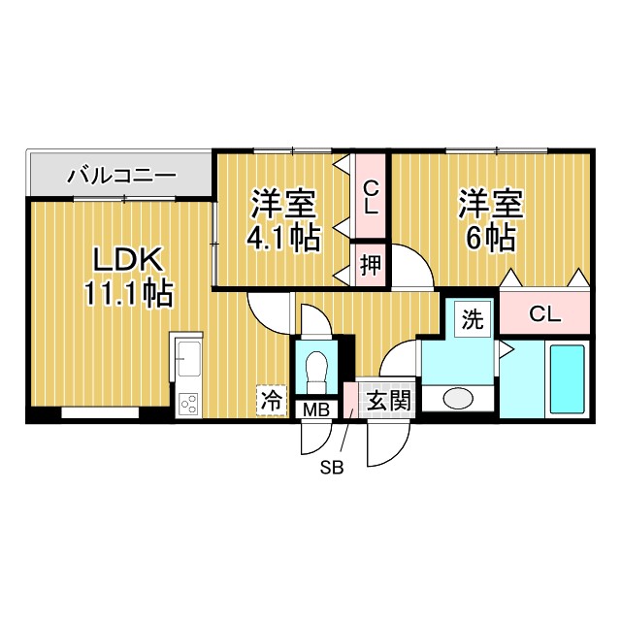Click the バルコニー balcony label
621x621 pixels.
(x=122, y=177)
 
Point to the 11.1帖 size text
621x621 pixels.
(x=129, y=292)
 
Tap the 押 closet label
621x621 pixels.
(x=371, y=264)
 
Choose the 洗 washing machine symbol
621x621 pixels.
(x=473, y=319)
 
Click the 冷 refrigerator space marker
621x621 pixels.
(x=273, y=399)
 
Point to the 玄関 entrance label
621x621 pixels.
(x=390, y=400)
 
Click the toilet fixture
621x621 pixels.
(x=316, y=370)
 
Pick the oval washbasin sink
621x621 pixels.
(x=458, y=398)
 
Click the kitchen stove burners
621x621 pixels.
(x=188, y=402)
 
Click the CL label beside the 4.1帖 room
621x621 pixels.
(x=371, y=197)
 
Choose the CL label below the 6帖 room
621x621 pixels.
(x=544, y=313)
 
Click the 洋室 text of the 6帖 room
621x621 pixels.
(x=491, y=205)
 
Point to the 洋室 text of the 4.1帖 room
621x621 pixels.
(x=284, y=205)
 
